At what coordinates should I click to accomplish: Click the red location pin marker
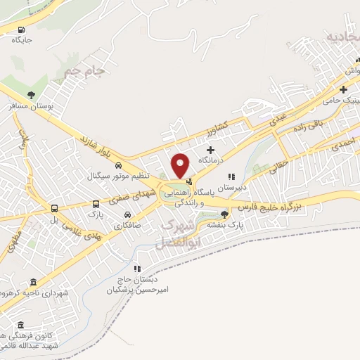(x=181, y=165)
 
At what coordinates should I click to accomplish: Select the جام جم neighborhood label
(x=83, y=70)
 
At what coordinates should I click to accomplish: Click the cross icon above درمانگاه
(x=210, y=149)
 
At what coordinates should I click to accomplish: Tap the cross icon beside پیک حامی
(x=343, y=89)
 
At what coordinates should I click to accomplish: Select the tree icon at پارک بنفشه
(x=224, y=214)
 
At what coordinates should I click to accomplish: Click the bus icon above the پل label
(x=53, y=208)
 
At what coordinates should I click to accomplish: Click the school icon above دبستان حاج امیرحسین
(x=139, y=268)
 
